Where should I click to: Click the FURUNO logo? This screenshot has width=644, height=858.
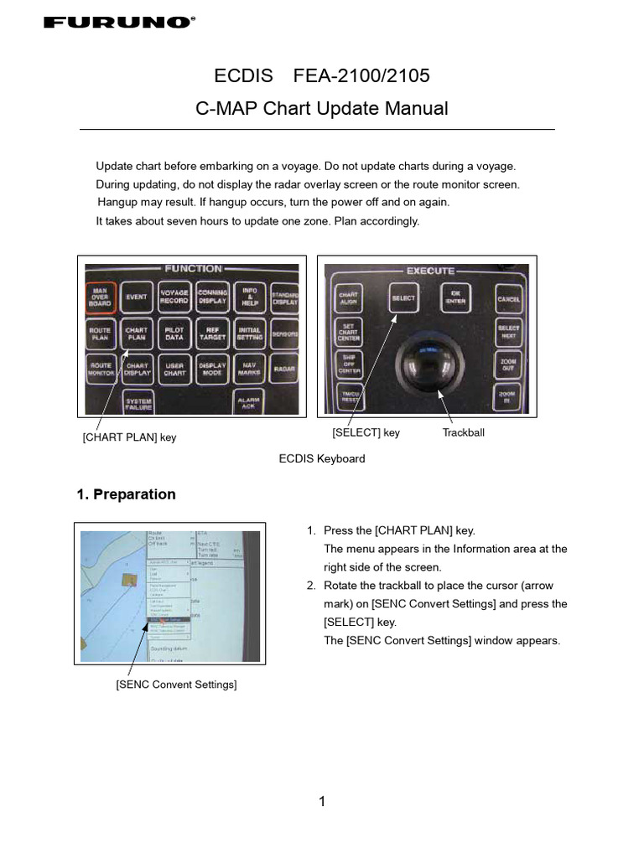(118, 23)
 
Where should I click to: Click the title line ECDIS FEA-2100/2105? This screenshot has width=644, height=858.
(322, 76)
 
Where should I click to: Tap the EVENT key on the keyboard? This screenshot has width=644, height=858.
(137, 297)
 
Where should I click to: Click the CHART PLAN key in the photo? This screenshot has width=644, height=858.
(137, 334)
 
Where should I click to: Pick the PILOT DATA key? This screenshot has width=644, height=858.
(174, 333)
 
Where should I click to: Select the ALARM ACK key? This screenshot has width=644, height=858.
(249, 403)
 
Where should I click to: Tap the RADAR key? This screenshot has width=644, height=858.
(284, 369)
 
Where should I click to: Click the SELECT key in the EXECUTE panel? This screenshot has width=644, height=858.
(403, 298)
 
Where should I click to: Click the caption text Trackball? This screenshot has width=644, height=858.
(464, 433)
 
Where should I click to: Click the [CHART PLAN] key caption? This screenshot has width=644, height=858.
(129, 437)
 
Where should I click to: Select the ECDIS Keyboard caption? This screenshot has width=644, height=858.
(322, 459)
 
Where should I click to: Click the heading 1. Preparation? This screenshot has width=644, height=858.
(127, 494)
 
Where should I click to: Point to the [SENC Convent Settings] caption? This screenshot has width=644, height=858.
(176, 685)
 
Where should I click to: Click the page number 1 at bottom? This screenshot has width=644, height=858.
(322, 802)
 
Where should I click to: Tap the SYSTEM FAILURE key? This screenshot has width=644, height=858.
(138, 404)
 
